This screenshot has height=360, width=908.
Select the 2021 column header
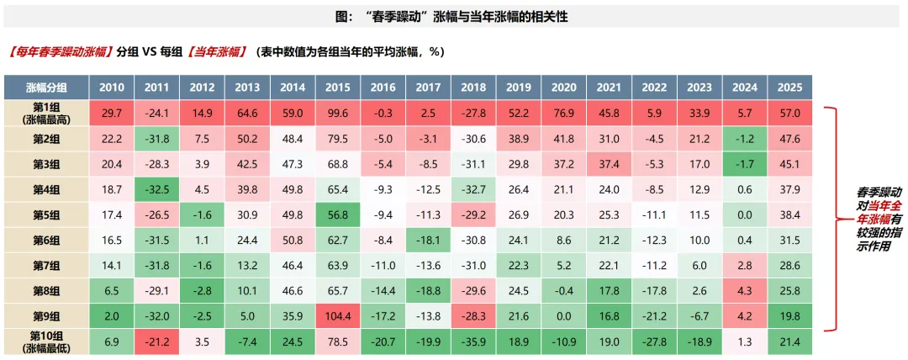(609, 87)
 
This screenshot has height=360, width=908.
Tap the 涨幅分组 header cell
(46, 87)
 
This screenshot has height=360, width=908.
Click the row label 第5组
(46, 215)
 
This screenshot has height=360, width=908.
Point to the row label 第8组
(46, 291)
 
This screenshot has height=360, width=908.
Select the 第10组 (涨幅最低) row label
(46, 342)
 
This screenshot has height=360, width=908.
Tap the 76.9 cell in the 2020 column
(563, 113)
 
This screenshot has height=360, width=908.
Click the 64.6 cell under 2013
(247, 113)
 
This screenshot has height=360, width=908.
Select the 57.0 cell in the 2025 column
(789, 113)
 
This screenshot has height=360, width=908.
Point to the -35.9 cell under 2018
(473, 342)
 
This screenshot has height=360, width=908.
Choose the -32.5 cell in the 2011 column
(156, 189)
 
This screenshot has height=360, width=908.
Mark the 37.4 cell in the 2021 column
(609, 164)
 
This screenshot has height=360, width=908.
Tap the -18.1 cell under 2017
(428, 241)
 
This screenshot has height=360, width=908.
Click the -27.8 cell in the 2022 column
(654, 342)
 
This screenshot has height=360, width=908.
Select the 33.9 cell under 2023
(699, 113)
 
